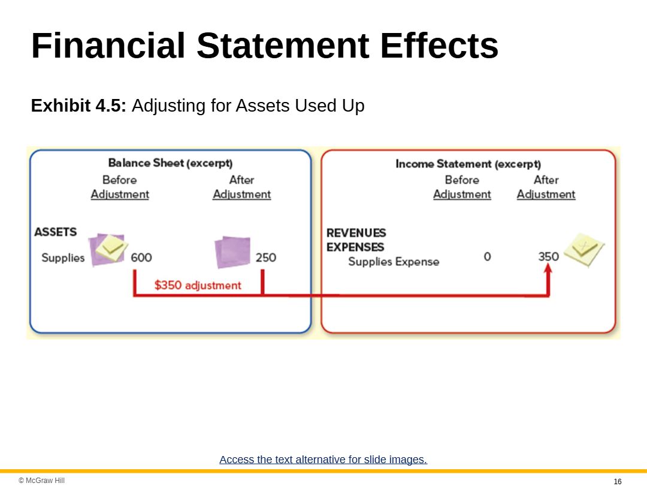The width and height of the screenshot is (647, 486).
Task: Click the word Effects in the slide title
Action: [439, 46]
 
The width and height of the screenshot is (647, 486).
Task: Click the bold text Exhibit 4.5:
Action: [78, 106]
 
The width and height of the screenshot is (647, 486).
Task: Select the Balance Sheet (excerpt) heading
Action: [170, 163]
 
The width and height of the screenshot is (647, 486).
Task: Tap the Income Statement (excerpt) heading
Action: [468, 164]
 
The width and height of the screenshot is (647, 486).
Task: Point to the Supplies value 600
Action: [141, 257]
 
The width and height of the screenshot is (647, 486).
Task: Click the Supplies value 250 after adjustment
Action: [266, 257]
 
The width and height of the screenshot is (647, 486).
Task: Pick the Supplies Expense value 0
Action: [487, 257]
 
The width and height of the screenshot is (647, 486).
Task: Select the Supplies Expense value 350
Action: [548, 257]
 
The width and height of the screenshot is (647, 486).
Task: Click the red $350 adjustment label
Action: [198, 285]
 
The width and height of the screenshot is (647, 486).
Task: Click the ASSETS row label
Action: [55, 232]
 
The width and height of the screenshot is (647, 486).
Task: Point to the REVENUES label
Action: [356, 233]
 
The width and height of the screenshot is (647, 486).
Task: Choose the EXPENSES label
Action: [355, 247]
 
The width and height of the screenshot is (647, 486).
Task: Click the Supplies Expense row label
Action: [394, 262]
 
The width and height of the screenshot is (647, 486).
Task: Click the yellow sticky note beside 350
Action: [584, 250]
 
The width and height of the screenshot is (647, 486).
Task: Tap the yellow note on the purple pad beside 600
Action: [111, 248]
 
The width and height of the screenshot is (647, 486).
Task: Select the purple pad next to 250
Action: [232, 252]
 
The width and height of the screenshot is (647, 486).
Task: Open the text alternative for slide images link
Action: [323, 460]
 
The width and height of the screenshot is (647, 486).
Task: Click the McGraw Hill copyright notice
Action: [42, 480]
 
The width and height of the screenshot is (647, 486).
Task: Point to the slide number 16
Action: [618, 481]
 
